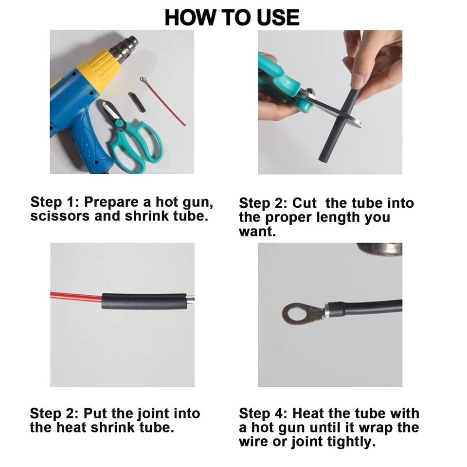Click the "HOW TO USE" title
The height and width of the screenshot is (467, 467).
(x=232, y=18)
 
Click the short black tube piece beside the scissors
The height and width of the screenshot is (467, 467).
(x=137, y=103)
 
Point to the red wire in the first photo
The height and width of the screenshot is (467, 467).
(x=164, y=102)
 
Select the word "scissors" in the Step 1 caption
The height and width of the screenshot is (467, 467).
(x=60, y=216)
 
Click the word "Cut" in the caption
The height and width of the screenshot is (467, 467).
(x=304, y=203)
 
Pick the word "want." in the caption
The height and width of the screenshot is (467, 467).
(x=257, y=232)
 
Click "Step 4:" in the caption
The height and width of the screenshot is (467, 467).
(x=263, y=414)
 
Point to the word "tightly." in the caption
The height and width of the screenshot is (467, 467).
(x=351, y=442)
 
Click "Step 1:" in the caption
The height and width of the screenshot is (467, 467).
(x=54, y=202)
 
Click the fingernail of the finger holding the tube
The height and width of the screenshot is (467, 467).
(x=357, y=80)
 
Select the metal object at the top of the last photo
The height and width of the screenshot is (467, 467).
(x=379, y=249)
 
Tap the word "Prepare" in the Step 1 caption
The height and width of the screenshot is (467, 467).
(x=111, y=202)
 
